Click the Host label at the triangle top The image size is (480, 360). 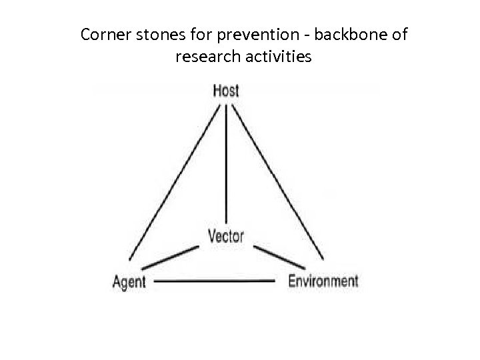(226, 91)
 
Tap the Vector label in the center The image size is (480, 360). (226, 235)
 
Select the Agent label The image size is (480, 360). (129, 281)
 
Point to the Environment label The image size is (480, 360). (323, 281)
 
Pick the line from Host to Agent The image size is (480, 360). (175, 180)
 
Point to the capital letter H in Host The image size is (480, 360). (217, 91)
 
